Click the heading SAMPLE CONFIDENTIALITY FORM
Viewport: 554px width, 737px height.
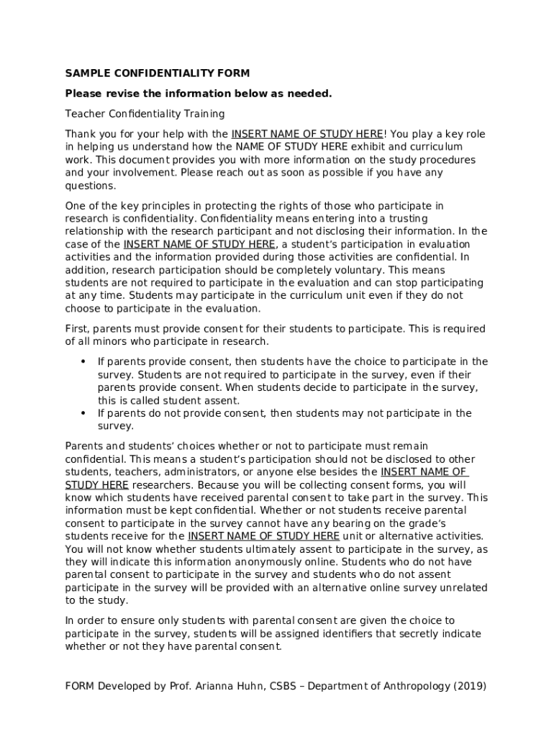coord(158,73)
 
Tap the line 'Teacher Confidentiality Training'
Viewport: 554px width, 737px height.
coord(145,114)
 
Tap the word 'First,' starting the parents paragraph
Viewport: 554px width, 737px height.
coord(78,329)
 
